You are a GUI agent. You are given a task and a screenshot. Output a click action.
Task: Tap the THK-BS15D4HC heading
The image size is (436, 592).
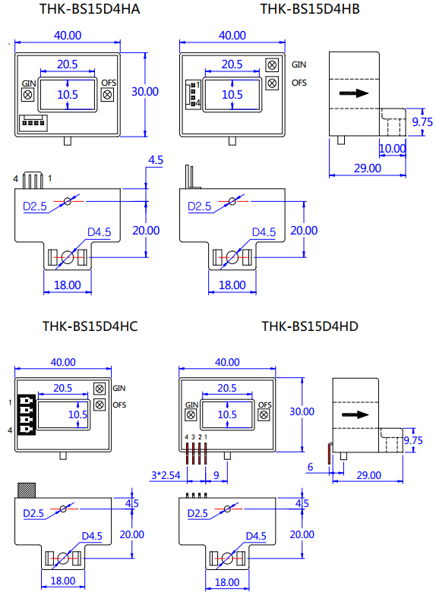(x=90, y=326)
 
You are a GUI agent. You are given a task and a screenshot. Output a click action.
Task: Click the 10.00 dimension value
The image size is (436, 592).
(x=392, y=149)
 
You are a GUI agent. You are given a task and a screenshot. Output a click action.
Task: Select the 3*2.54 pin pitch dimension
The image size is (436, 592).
(x=165, y=475)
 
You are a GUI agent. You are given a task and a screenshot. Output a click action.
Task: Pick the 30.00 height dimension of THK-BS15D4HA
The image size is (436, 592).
(x=145, y=91)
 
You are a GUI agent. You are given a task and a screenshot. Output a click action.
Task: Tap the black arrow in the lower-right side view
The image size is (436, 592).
(x=355, y=415)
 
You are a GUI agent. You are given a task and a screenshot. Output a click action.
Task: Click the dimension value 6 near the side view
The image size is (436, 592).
(x=310, y=466)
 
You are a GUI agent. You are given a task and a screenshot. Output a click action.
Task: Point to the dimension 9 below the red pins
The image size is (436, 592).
(x=216, y=475)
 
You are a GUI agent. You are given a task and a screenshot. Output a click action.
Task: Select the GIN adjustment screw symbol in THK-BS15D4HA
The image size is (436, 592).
(x=29, y=95)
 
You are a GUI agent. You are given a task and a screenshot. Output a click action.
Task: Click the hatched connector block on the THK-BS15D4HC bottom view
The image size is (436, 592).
(x=27, y=490)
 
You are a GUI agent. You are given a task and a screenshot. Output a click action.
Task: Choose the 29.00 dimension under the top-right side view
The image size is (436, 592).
(x=366, y=168)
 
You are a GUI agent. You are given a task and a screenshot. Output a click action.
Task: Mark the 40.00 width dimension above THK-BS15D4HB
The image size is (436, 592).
(x=232, y=35)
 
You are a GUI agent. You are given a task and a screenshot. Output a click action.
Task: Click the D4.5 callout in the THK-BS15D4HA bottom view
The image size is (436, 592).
(x=100, y=232)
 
